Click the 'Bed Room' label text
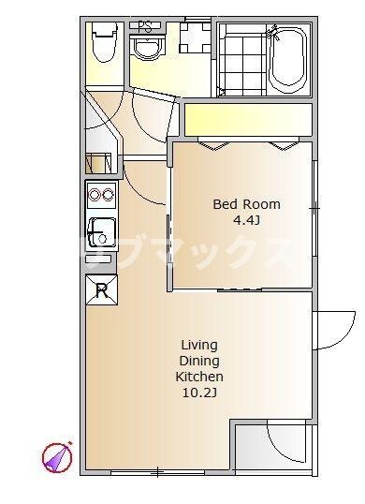click(246, 204)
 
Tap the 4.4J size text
click(246, 220)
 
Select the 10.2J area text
click(199, 393)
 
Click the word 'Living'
click(199, 346)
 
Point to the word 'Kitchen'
click(199, 377)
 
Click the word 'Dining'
click(199, 361)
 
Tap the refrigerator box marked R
click(101, 289)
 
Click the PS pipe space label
click(144, 27)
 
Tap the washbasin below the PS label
click(147, 48)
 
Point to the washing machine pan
click(195, 37)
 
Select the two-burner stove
click(102, 195)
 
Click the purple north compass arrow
click(58, 457)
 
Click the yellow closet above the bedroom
click(248, 120)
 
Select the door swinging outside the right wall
click(336, 330)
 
